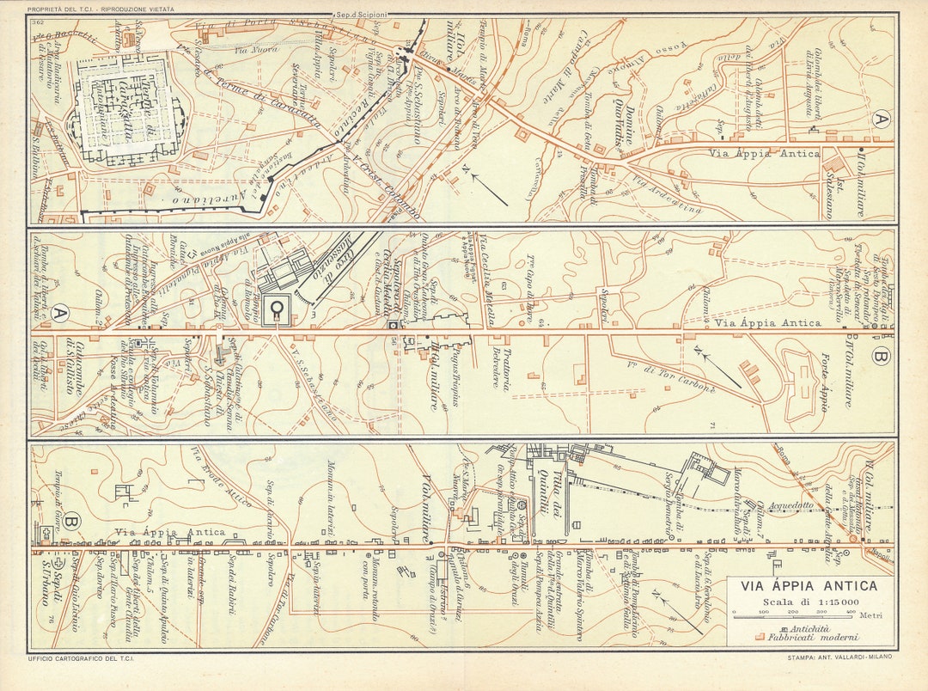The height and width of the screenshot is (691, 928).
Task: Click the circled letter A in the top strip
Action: (x=878, y=120)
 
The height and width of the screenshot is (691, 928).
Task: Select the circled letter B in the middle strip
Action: (x=878, y=354)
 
